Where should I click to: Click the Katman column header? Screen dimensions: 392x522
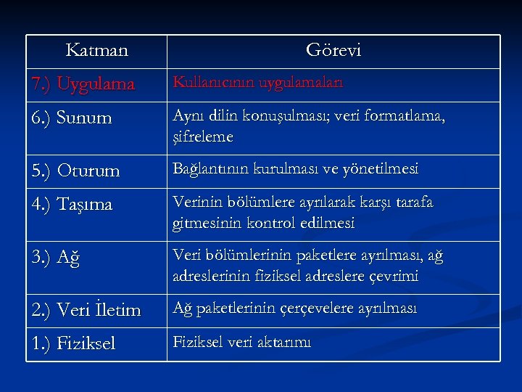[96, 51]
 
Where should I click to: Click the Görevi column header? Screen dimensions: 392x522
[333, 51]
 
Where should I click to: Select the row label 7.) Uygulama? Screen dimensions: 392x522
[83, 85]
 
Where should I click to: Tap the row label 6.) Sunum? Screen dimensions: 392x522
[73, 118]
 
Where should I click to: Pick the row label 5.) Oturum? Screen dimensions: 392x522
[75, 171]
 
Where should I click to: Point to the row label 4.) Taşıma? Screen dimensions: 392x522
[72, 205]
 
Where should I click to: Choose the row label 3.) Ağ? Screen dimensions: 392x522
[54, 258]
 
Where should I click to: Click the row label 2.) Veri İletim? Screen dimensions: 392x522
[86, 311]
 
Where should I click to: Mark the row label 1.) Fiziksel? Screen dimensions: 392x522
[73, 343]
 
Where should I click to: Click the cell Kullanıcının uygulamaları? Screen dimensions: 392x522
[258, 83]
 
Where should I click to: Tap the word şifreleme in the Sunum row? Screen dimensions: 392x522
[203, 136]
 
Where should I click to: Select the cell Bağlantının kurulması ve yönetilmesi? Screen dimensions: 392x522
[295, 169]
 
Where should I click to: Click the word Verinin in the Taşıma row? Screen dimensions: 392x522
[197, 203]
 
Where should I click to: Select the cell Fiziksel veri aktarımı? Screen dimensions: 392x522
[241, 342]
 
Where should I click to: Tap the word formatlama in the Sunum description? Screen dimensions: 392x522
[407, 116]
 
